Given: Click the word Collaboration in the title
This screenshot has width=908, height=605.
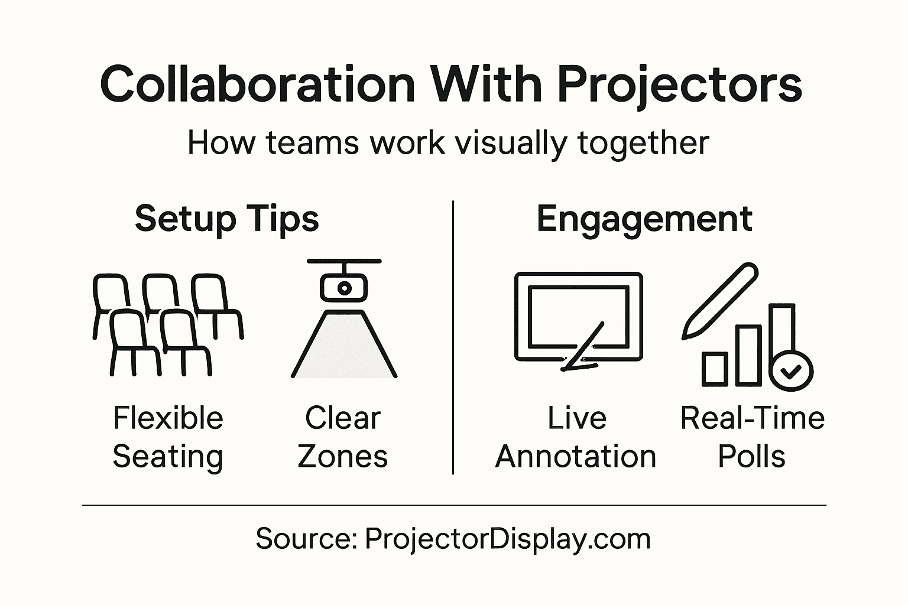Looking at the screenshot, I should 258,84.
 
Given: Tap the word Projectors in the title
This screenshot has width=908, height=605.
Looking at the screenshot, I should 679,84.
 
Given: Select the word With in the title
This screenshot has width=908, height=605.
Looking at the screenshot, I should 486,84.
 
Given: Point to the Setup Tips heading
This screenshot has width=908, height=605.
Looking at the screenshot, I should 226,219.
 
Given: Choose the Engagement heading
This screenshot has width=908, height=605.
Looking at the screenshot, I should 644,220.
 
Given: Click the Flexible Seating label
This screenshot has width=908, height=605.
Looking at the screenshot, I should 168,437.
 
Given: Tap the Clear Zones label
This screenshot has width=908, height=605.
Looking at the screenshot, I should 343,437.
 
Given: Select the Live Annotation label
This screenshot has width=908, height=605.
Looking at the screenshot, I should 576,437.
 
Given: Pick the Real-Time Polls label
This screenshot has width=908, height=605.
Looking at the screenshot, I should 752,437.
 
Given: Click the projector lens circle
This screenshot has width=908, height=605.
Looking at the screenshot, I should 343,288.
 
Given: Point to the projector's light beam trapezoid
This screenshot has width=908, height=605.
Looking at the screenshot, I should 344,349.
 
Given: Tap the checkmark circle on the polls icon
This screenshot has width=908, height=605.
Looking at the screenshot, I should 791,371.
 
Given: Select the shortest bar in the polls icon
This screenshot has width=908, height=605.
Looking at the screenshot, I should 714,369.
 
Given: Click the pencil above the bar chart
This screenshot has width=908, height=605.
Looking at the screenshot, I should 720,301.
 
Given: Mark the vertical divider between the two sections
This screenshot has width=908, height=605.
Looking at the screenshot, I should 453,337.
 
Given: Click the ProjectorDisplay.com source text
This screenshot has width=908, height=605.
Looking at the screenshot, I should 507,539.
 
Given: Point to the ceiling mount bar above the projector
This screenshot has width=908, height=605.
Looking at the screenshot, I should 344,261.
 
